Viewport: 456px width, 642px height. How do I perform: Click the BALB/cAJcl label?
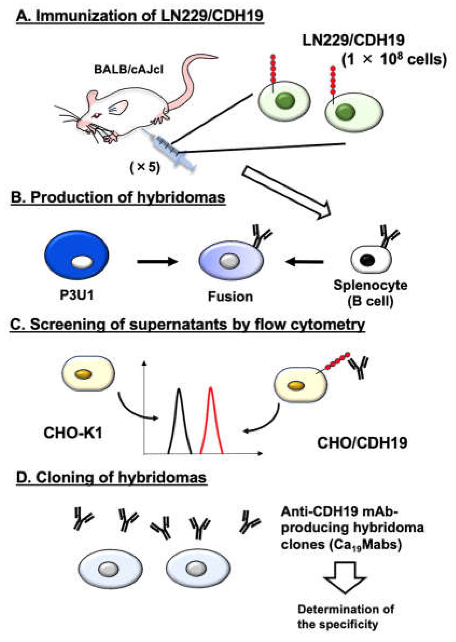[129, 69]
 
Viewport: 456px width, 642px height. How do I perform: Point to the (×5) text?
[145, 168]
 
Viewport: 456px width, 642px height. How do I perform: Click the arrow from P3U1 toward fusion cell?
[157, 261]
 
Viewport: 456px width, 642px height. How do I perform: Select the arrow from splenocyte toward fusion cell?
[304, 261]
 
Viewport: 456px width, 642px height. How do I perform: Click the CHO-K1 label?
[73, 433]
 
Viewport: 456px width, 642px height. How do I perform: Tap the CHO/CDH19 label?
[362, 443]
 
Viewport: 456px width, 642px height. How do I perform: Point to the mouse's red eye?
[97, 115]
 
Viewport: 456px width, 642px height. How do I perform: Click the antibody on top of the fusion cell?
[261, 236]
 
